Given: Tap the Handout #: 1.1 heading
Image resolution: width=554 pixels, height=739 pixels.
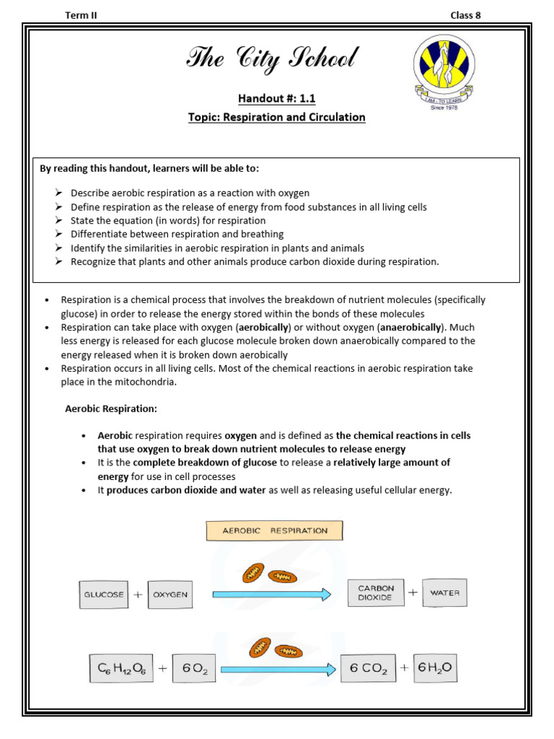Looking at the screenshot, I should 277,99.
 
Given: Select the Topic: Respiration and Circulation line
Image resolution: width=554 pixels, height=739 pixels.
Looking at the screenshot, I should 277,117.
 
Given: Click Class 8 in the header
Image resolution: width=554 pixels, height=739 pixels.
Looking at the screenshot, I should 465,14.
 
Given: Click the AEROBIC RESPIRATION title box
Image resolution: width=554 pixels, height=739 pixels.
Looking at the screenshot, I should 274,530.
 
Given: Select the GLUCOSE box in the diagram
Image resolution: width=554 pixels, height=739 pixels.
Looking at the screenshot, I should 104,595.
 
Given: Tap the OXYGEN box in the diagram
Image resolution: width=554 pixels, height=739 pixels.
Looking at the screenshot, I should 170,595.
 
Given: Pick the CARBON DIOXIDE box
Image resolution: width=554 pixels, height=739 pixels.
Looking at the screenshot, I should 375,593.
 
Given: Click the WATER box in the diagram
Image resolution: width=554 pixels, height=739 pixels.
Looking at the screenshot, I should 444,593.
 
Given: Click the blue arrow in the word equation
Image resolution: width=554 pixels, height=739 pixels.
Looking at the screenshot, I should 271,595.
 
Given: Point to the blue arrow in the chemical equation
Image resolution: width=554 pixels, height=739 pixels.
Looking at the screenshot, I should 278,670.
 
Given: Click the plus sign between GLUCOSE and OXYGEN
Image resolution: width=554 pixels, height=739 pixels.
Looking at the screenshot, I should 137,595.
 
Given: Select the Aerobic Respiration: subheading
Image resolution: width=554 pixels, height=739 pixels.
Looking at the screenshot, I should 111,409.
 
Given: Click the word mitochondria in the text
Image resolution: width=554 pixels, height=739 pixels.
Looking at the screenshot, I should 141,382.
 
